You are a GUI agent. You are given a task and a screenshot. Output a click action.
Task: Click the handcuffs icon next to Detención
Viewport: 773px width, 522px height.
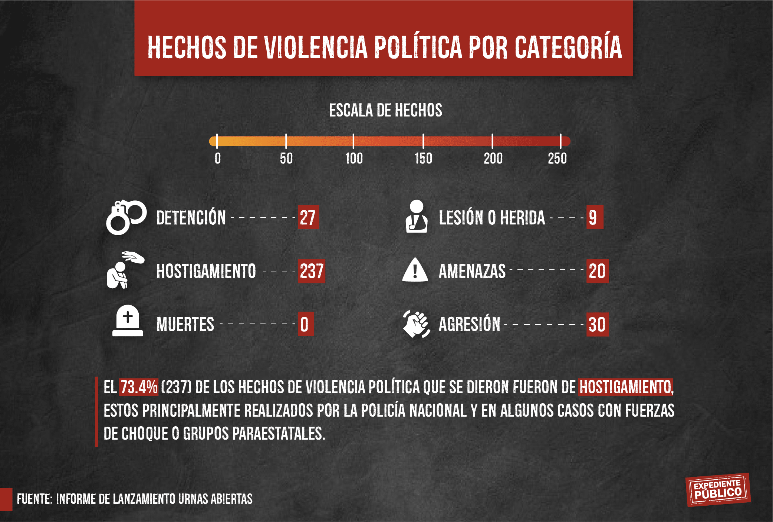[126, 217]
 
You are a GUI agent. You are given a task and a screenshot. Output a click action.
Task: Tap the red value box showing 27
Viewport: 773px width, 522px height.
[308, 217]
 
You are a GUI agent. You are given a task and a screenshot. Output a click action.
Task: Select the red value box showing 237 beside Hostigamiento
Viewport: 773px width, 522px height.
[312, 271]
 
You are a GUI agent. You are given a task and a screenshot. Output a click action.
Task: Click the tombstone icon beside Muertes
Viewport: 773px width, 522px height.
[128, 321]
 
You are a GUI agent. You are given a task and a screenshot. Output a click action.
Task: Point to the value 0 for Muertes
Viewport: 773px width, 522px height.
[305, 324]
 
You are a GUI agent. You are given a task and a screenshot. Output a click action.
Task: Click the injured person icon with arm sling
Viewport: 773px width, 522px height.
[417, 217]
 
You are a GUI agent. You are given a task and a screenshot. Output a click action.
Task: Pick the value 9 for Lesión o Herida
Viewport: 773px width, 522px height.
[594, 217]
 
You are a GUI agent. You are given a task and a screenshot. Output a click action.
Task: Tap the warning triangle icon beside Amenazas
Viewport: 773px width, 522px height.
[415, 270]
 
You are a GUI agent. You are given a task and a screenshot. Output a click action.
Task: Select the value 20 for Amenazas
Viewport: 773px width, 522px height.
[597, 271]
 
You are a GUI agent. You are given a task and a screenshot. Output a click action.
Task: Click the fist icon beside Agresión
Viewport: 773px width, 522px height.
[416, 324]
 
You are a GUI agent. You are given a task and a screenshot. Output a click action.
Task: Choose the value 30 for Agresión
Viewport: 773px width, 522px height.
[597, 324]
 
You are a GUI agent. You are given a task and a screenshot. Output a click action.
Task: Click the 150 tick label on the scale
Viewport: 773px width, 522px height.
[423, 159]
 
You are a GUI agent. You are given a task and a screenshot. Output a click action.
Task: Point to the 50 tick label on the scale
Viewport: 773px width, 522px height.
[286, 159]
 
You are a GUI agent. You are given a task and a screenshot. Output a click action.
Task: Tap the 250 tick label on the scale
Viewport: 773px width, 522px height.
[557, 159]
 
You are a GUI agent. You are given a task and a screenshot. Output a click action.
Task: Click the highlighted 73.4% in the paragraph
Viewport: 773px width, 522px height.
[139, 387]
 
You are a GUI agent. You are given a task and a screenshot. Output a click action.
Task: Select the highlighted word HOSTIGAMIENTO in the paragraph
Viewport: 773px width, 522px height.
[625, 387]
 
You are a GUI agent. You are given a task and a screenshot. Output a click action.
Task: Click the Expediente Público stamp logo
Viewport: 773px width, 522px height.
[718, 490]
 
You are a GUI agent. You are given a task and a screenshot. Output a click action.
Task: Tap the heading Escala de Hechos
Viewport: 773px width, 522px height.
[386, 111]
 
